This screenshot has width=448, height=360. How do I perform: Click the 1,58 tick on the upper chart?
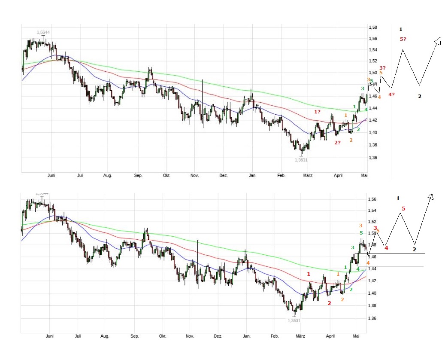pyautogui.click(x=373, y=27)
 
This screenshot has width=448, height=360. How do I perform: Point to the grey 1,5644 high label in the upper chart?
pyautogui.click(x=43, y=32)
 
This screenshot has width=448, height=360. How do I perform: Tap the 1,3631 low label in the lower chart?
pyautogui.click(x=294, y=320)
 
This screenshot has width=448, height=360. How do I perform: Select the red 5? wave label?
pyautogui.click(x=403, y=39)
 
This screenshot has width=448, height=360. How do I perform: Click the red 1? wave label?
pyautogui.click(x=317, y=112)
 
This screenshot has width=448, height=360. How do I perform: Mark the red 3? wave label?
pyautogui.click(x=382, y=67)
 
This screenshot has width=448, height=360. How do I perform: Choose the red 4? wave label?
pyautogui.click(x=391, y=95)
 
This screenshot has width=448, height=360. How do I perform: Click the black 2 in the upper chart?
pyautogui.click(x=420, y=96)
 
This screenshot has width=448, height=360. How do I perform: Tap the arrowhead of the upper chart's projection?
pyautogui.click(x=438, y=40)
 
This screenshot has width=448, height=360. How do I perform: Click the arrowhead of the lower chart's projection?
pyautogui.click(x=430, y=196)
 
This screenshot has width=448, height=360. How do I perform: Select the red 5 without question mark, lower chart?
pyautogui.click(x=403, y=209)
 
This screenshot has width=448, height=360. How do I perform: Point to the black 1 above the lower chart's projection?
pyautogui.click(x=398, y=198)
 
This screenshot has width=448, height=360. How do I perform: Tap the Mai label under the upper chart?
pyautogui.click(x=364, y=175)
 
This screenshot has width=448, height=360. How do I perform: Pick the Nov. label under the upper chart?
pyautogui.click(x=194, y=175)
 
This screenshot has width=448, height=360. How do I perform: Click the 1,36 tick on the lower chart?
pyautogui.click(x=372, y=318)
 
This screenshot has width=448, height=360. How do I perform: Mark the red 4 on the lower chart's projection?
pyautogui.click(x=386, y=248)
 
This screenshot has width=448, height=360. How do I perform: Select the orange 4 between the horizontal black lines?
pyautogui.click(x=368, y=262)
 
